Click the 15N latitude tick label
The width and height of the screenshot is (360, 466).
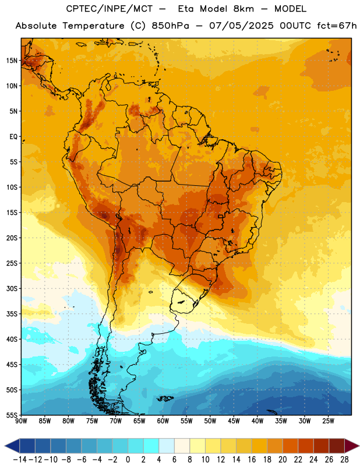click(x=12, y=61)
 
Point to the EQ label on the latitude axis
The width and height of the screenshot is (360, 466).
click(x=13, y=137)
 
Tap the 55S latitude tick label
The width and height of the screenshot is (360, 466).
click(x=12, y=415)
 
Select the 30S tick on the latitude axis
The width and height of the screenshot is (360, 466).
click(x=12, y=288)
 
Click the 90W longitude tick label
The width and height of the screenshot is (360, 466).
click(x=21, y=421)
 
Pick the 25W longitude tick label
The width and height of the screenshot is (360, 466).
click(x=328, y=421)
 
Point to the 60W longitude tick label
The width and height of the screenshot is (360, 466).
click(x=163, y=421)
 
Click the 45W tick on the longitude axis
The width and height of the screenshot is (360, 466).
click(x=234, y=421)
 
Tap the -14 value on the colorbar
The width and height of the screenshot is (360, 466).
click(x=20, y=460)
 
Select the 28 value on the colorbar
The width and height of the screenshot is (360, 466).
click(x=344, y=460)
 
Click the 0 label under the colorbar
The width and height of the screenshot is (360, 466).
click(x=128, y=460)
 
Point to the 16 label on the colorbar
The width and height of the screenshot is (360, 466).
click(x=252, y=460)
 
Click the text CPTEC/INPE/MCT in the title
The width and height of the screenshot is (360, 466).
click(x=110, y=9)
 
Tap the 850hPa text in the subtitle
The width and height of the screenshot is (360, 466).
click(x=170, y=26)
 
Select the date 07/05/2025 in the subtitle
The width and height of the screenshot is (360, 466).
click(x=241, y=26)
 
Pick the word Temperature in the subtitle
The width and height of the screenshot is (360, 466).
click(x=93, y=26)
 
